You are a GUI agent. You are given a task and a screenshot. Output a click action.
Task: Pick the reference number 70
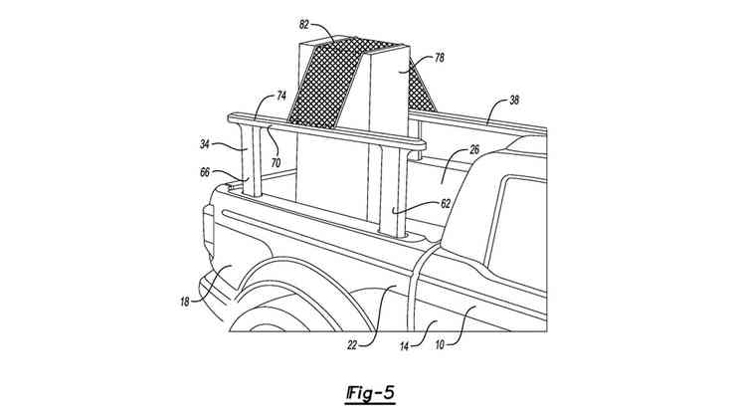click(x=275, y=160)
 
